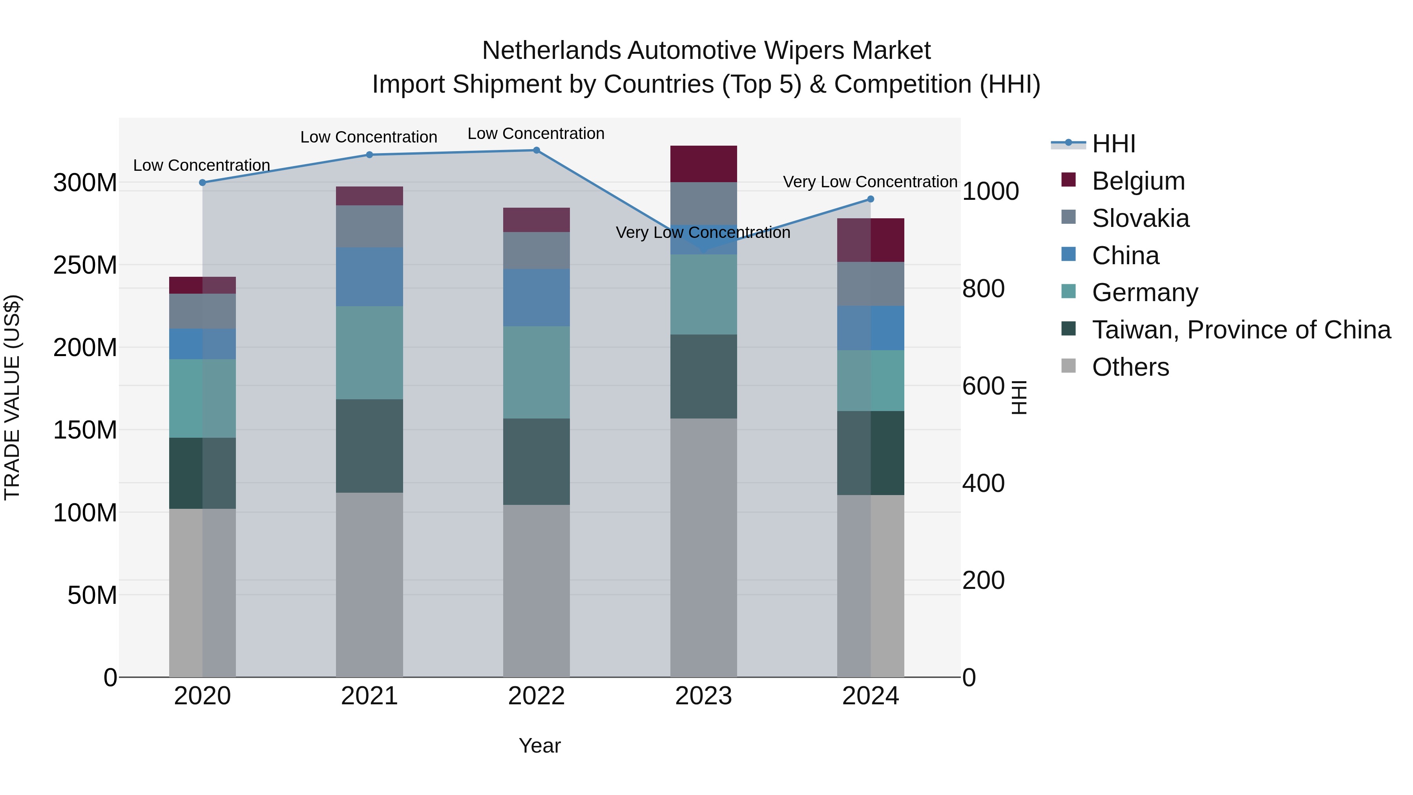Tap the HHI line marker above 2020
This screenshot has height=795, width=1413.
[x=203, y=183]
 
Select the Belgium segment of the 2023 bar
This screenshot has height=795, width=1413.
[x=703, y=163]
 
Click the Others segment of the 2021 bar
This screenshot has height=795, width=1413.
[x=369, y=584]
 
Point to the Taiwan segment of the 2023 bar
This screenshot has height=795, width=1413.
[x=703, y=376]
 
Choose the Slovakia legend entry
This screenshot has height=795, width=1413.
[x=1140, y=218]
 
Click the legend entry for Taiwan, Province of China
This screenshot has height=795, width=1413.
[x=1241, y=330]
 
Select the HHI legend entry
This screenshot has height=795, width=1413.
[x=1113, y=144]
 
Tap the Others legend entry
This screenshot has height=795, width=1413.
[x=1130, y=367]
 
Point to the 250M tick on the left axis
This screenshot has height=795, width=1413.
[x=85, y=265]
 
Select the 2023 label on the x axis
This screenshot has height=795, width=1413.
[x=703, y=696]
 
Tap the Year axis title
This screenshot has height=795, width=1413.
[x=539, y=746]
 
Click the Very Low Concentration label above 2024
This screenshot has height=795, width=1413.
[x=870, y=182]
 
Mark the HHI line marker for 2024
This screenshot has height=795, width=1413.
[x=871, y=199]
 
